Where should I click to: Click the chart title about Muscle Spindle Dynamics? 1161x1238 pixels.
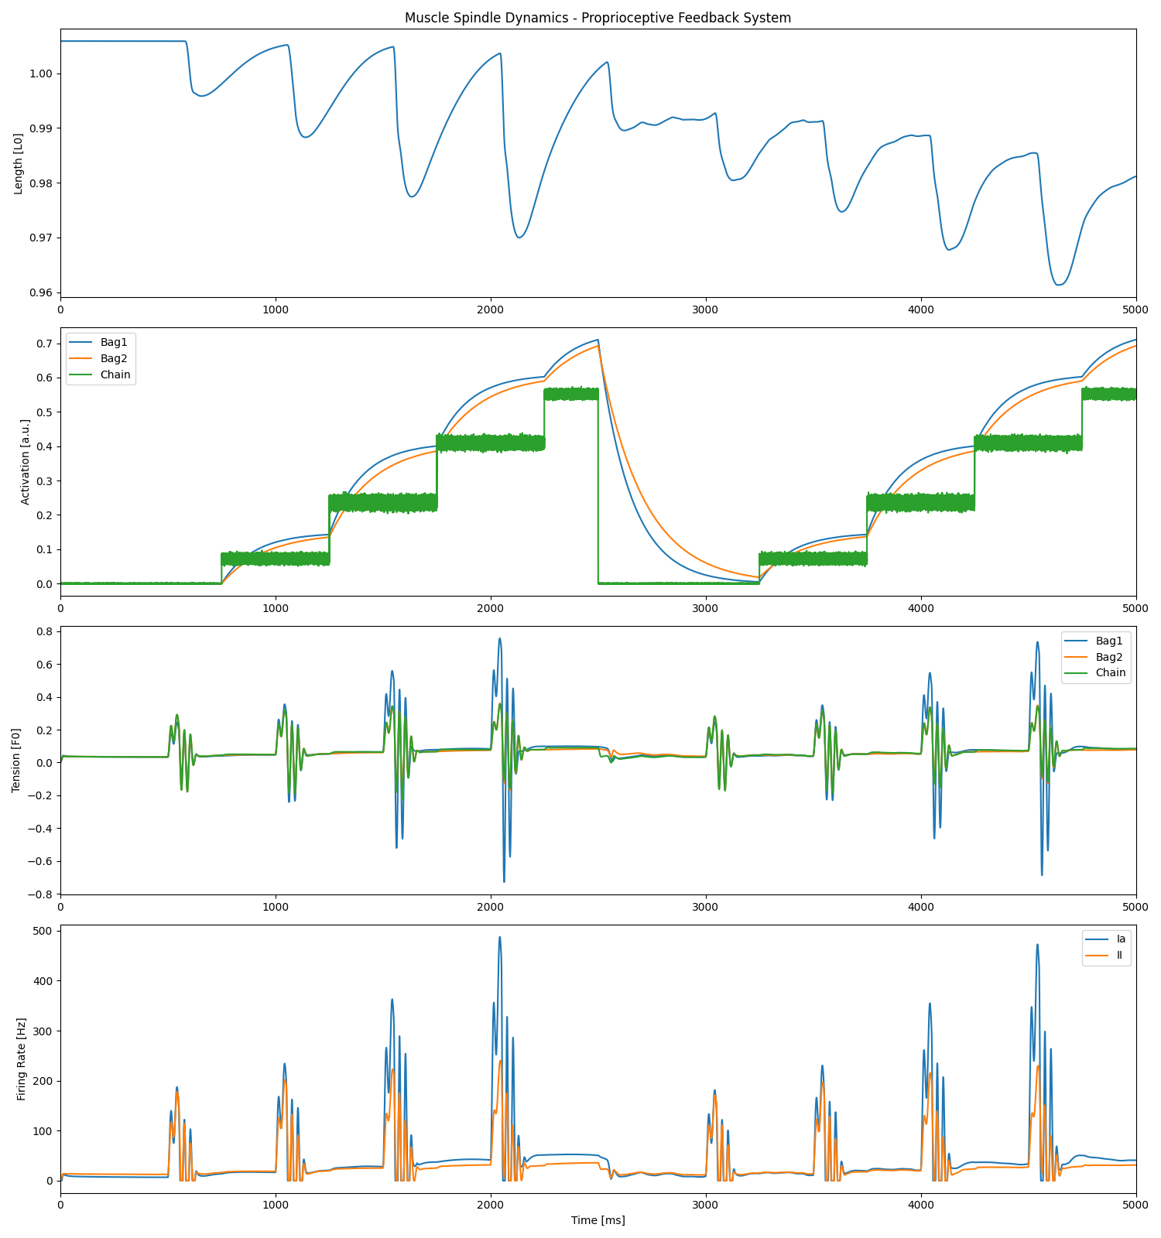pyautogui.click(x=598, y=18)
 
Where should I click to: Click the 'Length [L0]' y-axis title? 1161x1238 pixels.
pyautogui.click(x=19, y=163)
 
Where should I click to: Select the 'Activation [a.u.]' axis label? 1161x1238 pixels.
pyautogui.click(x=25, y=462)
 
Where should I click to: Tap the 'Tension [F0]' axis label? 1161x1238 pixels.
pyautogui.click(x=16, y=761)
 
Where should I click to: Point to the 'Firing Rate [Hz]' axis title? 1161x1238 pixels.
pyautogui.click(x=21, y=1059)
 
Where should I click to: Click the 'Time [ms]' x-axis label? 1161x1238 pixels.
pyautogui.click(x=598, y=1220)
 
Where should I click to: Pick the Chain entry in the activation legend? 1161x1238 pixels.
pyautogui.click(x=115, y=374)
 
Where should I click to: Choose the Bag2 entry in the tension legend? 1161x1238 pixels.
pyautogui.click(x=1109, y=657)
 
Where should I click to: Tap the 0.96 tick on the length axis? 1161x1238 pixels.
pyautogui.click(x=42, y=292)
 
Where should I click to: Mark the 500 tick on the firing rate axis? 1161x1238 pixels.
pyautogui.click(x=43, y=931)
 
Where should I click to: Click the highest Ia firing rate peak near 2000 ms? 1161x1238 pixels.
pyautogui.click(x=499, y=937)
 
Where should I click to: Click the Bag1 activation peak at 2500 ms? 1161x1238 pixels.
pyautogui.click(x=598, y=340)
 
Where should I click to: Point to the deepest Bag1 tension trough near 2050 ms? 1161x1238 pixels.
pyautogui.click(x=504, y=881)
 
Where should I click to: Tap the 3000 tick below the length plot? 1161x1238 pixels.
pyautogui.click(x=706, y=309)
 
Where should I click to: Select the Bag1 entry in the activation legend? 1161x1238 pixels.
pyautogui.click(x=114, y=342)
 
